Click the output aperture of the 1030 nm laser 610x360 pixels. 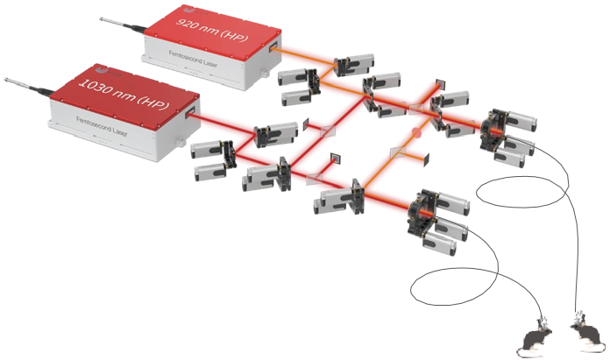pyautogui.click(x=189, y=113)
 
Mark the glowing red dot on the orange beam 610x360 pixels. pyautogui.click(x=417, y=136)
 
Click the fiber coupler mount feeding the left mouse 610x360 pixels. pyautogui.click(x=426, y=214)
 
